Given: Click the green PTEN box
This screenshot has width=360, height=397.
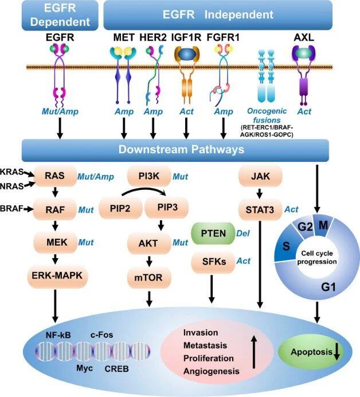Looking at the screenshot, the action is [x=213, y=233].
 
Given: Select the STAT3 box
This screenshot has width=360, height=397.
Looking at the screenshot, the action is [x=260, y=209].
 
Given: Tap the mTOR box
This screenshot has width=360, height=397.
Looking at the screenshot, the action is [x=148, y=278].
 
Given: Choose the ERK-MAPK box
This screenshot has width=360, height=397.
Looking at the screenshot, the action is [x=57, y=275].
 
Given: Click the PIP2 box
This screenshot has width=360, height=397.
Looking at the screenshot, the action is [x=120, y=208].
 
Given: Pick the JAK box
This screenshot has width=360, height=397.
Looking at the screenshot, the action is [x=260, y=176].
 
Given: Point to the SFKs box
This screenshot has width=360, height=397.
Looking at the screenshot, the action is [x=213, y=262].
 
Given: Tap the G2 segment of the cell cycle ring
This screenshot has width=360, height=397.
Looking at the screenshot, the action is [x=305, y=227].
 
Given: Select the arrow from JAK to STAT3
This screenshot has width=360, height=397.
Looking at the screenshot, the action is [x=259, y=194].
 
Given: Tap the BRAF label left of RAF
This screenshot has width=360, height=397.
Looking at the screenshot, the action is [x=12, y=209].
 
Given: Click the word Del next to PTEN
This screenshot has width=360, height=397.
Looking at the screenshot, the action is [x=243, y=233].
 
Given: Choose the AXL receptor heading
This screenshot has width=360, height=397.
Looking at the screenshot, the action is [x=304, y=37].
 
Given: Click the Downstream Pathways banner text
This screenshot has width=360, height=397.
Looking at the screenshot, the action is [x=181, y=149].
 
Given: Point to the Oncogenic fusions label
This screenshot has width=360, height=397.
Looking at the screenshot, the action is [x=267, y=115].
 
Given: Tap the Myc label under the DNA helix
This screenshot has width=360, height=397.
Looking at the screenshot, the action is [x=84, y=368].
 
